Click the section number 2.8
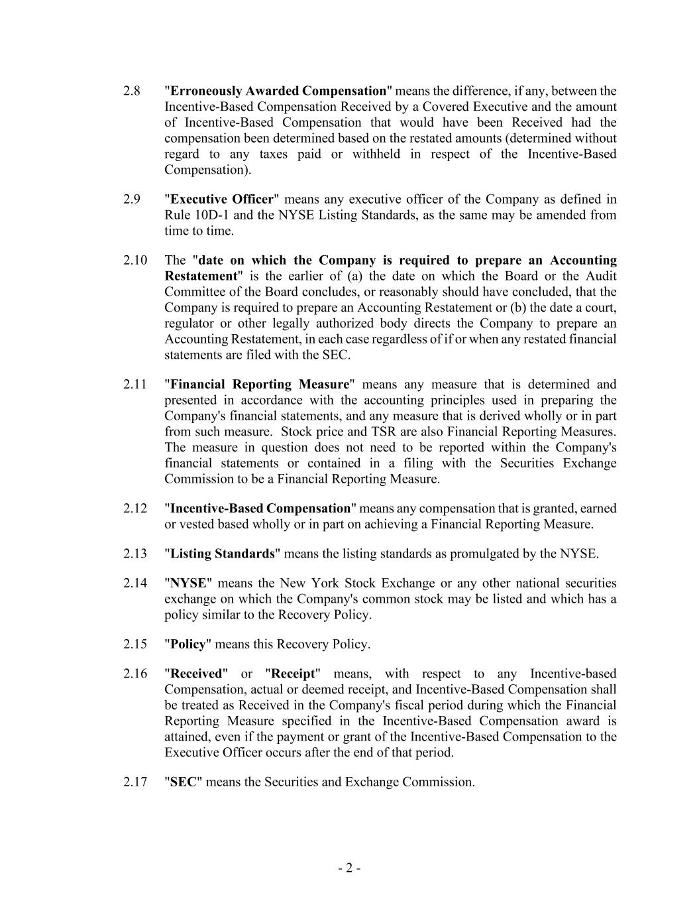(131, 91)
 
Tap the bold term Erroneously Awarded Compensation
(278, 91)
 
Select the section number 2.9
(131, 200)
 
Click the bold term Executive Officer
(222, 200)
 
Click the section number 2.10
(134, 261)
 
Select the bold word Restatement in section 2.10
(201, 276)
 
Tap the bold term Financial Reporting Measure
(260, 385)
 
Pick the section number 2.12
(134, 509)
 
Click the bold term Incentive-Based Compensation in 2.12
(260, 509)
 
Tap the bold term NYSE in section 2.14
(189, 583)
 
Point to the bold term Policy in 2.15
(188, 644)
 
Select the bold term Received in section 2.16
(196, 674)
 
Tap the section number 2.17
(134, 782)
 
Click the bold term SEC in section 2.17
(184, 782)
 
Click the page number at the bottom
(349, 869)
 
